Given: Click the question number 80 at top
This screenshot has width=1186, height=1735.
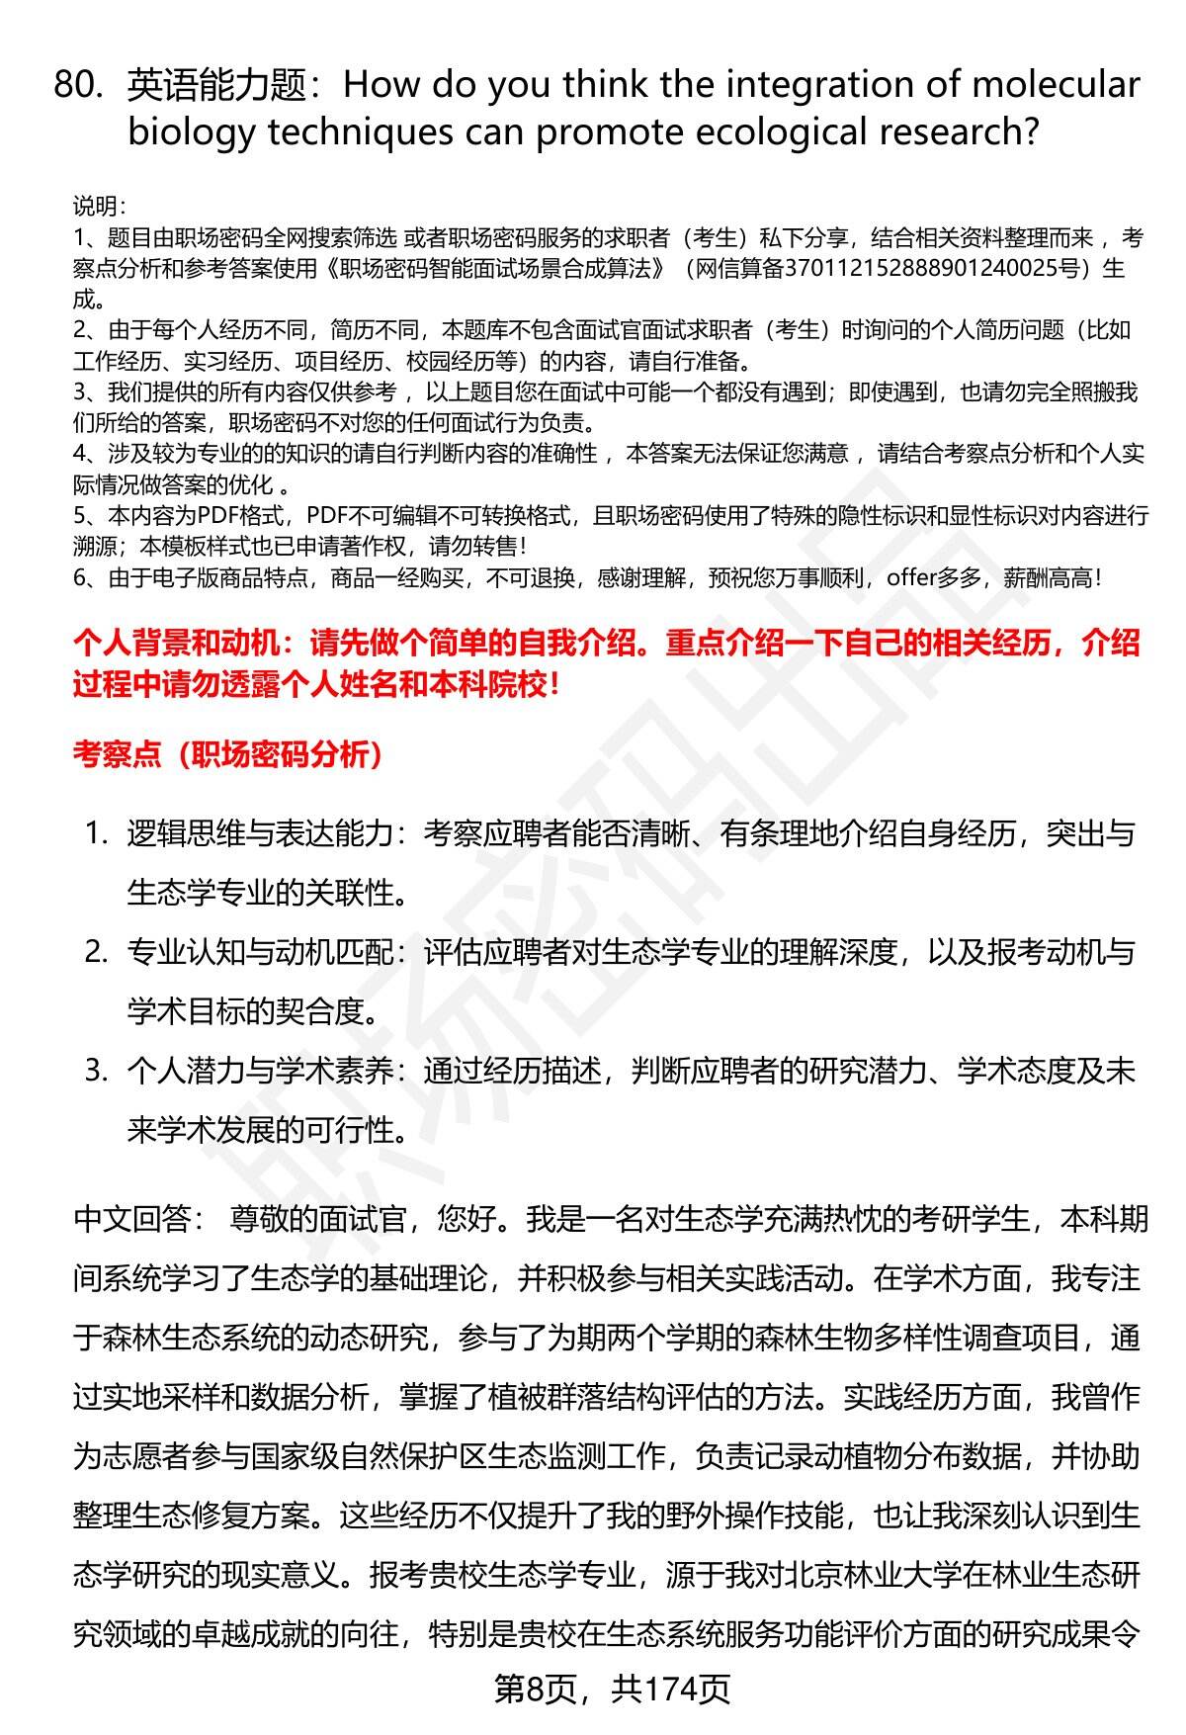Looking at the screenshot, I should (78, 87).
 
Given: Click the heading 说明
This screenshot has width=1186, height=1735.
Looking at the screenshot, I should (98, 207).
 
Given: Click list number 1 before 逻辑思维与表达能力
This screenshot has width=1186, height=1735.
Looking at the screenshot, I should (95, 833).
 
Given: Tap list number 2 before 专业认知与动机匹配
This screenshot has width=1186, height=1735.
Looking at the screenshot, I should (95, 952).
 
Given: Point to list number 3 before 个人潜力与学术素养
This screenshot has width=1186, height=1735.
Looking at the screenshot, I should (95, 1071).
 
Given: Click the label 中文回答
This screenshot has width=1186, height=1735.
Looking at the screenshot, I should (132, 1219).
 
